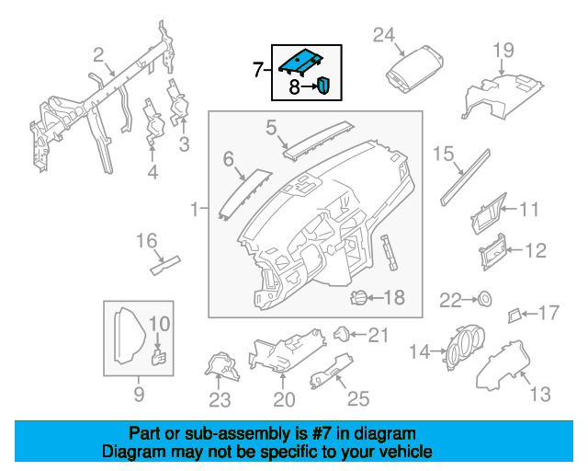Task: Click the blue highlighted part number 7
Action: coord(300,62)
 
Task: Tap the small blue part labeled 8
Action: coord(323,85)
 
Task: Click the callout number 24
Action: coord(384,35)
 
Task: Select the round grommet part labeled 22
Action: coord(485,299)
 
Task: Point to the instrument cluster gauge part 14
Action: coord(465,347)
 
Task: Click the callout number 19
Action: coord(503,51)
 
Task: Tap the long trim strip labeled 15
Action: coord(466,178)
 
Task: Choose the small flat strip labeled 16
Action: coord(165,265)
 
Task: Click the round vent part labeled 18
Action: coord(357,298)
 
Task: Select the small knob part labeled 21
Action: coord(342,334)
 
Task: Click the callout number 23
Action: coord(220,399)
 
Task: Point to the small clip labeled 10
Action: coord(159,356)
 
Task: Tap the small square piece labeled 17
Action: coord(514,316)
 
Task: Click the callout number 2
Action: coord(98,55)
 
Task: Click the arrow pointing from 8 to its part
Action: coord(310,86)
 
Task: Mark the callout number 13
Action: coord(540,395)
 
